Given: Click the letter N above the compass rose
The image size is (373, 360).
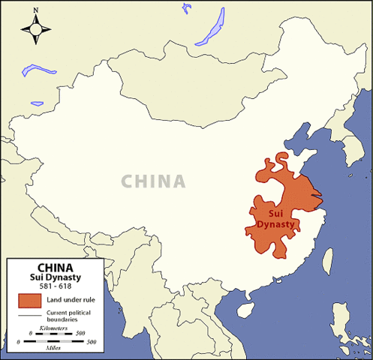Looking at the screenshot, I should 36,11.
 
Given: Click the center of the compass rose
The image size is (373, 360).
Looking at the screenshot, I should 36,29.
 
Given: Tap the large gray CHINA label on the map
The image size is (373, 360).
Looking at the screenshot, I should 153,181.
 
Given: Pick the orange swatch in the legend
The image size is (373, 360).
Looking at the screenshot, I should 29,301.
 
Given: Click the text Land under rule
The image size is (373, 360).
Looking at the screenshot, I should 72,301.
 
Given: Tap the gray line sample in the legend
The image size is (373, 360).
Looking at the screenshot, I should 29,314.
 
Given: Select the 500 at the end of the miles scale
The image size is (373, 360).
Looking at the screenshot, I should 92,342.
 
